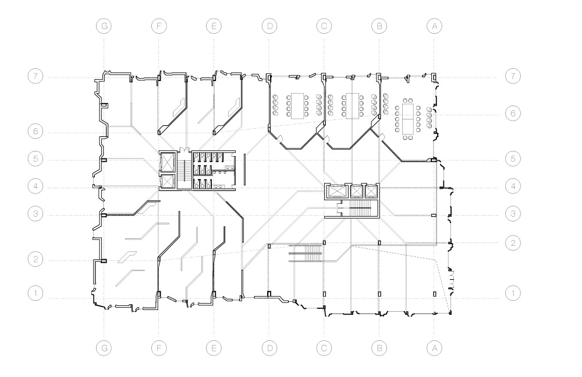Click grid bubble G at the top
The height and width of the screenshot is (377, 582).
104,26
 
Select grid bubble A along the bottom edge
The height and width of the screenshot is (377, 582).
434,348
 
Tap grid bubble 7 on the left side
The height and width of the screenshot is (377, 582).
36,76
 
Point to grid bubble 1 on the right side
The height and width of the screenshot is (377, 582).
513,293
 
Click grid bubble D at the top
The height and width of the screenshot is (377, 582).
269,26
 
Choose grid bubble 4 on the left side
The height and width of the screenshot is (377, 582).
36,186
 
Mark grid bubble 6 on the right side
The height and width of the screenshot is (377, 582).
513,113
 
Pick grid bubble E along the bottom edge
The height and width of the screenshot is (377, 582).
214,348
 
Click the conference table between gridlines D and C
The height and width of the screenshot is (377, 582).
297,105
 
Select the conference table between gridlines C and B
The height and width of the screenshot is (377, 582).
352,105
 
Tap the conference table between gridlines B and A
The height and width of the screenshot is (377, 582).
407,118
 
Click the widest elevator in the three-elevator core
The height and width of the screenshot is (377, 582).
337,191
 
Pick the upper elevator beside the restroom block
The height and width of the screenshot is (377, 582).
168,162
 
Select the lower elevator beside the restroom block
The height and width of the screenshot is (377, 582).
168,181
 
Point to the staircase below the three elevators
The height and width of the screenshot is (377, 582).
360,209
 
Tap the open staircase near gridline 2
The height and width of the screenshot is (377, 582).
305,253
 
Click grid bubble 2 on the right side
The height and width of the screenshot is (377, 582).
513,243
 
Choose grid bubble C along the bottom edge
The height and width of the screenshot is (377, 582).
324,348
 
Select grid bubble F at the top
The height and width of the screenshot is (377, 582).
159,26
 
